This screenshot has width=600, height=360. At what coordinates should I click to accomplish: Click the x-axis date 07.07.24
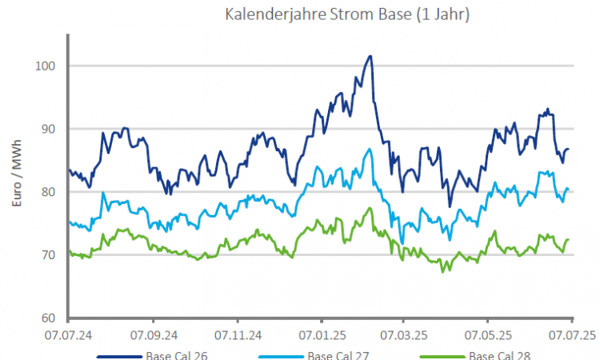tap(68, 331)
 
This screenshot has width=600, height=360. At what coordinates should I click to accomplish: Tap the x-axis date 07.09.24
tap(153, 331)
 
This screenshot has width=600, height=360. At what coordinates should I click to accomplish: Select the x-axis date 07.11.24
tap(238, 331)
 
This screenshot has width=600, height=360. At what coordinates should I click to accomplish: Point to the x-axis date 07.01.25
tap(322, 331)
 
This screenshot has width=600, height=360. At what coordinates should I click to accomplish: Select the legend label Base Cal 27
tap(338, 355)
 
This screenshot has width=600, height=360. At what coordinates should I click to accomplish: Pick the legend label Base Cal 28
tap(499, 355)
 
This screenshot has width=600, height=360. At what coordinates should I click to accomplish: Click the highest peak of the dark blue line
tap(370, 57)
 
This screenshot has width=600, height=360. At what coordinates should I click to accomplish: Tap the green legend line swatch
tap(441, 356)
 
